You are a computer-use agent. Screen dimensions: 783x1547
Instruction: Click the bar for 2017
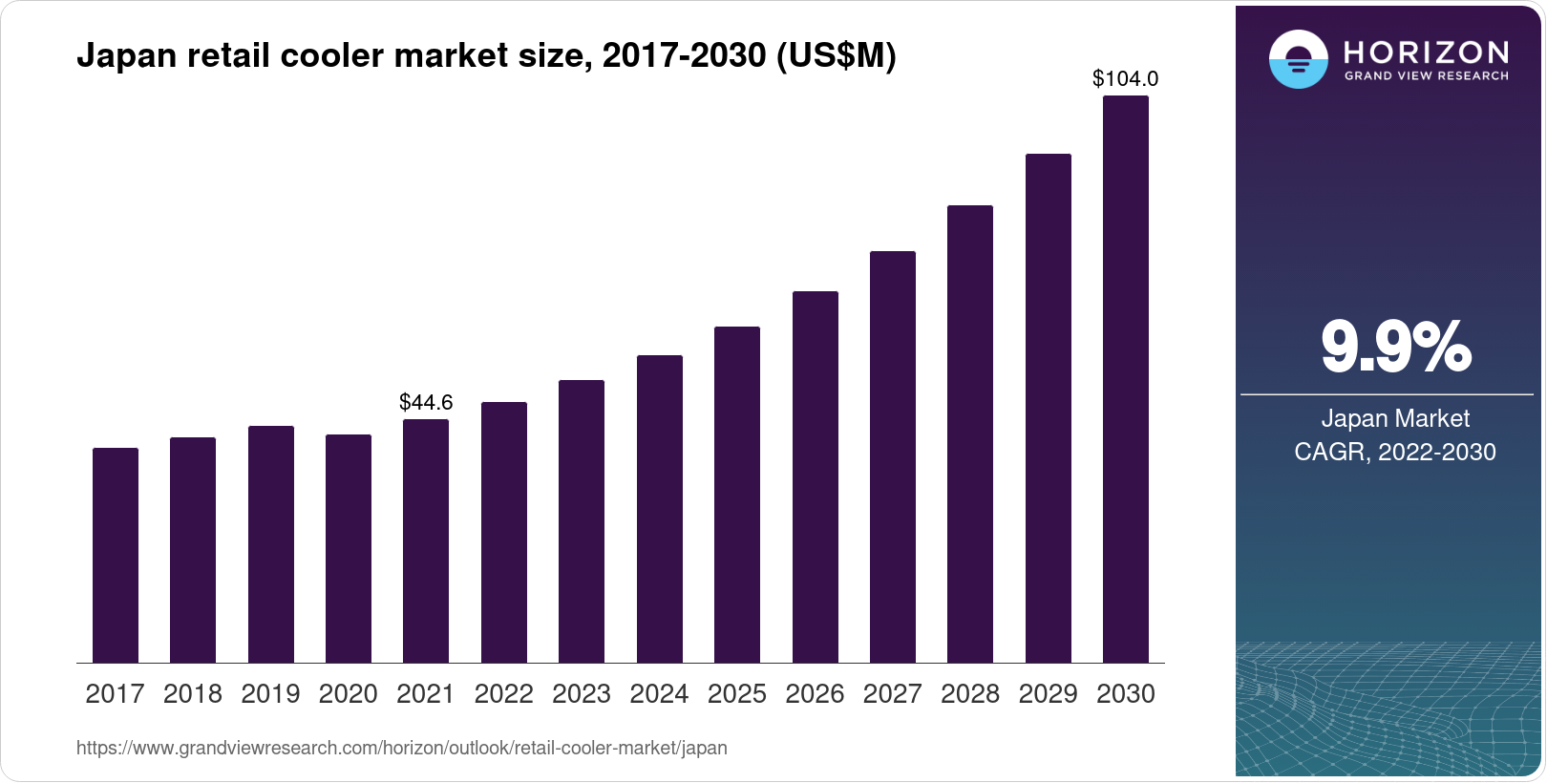(x=116, y=556)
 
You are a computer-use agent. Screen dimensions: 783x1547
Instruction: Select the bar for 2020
(x=349, y=549)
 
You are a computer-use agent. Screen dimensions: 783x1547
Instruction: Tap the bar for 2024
(x=660, y=509)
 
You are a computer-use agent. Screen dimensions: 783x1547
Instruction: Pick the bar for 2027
(x=893, y=457)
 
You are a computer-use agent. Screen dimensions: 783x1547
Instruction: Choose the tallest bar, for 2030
(x=1126, y=379)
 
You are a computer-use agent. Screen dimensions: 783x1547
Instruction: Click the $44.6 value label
(x=426, y=402)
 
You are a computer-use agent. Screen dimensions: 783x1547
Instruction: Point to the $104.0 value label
(x=1126, y=78)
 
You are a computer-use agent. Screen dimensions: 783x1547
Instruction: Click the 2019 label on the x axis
(x=270, y=694)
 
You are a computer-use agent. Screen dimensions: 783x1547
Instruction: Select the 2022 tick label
(x=503, y=694)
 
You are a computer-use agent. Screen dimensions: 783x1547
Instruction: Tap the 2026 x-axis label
(x=815, y=694)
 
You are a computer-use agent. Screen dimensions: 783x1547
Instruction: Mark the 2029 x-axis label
(x=1048, y=694)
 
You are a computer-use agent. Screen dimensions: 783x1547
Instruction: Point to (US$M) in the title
(x=836, y=55)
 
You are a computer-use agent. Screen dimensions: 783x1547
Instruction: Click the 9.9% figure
(x=1395, y=348)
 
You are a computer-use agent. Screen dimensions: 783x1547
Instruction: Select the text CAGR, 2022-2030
(x=1395, y=452)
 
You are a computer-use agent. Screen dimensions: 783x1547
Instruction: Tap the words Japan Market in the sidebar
(x=1395, y=418)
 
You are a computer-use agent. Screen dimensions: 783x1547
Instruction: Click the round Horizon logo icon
(x=1298, y=59)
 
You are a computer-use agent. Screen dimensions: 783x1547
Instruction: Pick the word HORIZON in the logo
(x=1427, y=52)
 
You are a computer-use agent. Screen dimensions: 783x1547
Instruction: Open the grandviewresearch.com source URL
(x=401, y=748)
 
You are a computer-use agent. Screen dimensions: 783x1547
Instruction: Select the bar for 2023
(x=582, y=521)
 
